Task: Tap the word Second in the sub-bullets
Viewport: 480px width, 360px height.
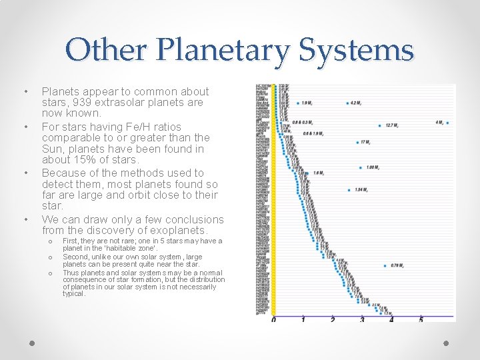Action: click(x=77, y=257)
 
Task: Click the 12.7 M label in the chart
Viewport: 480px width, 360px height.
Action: click(x=392, y=125)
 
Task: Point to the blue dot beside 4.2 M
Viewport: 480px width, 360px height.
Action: click(x=347, y=103)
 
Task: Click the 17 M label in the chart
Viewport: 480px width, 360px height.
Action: click(x=365, y=142)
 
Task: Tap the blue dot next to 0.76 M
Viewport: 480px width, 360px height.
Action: click(x=385, y=267)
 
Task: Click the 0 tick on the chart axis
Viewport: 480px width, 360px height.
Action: click(x=273, y=320)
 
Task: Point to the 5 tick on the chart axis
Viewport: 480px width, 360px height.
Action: click(x=421, y=320)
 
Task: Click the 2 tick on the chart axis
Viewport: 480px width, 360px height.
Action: click(x=333, y=320)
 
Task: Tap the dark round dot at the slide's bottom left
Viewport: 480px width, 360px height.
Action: click(x=32, y=343)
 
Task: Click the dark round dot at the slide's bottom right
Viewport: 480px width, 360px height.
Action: click(x=447, y=343)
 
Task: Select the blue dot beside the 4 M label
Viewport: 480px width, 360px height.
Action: click(x=447, y=123)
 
